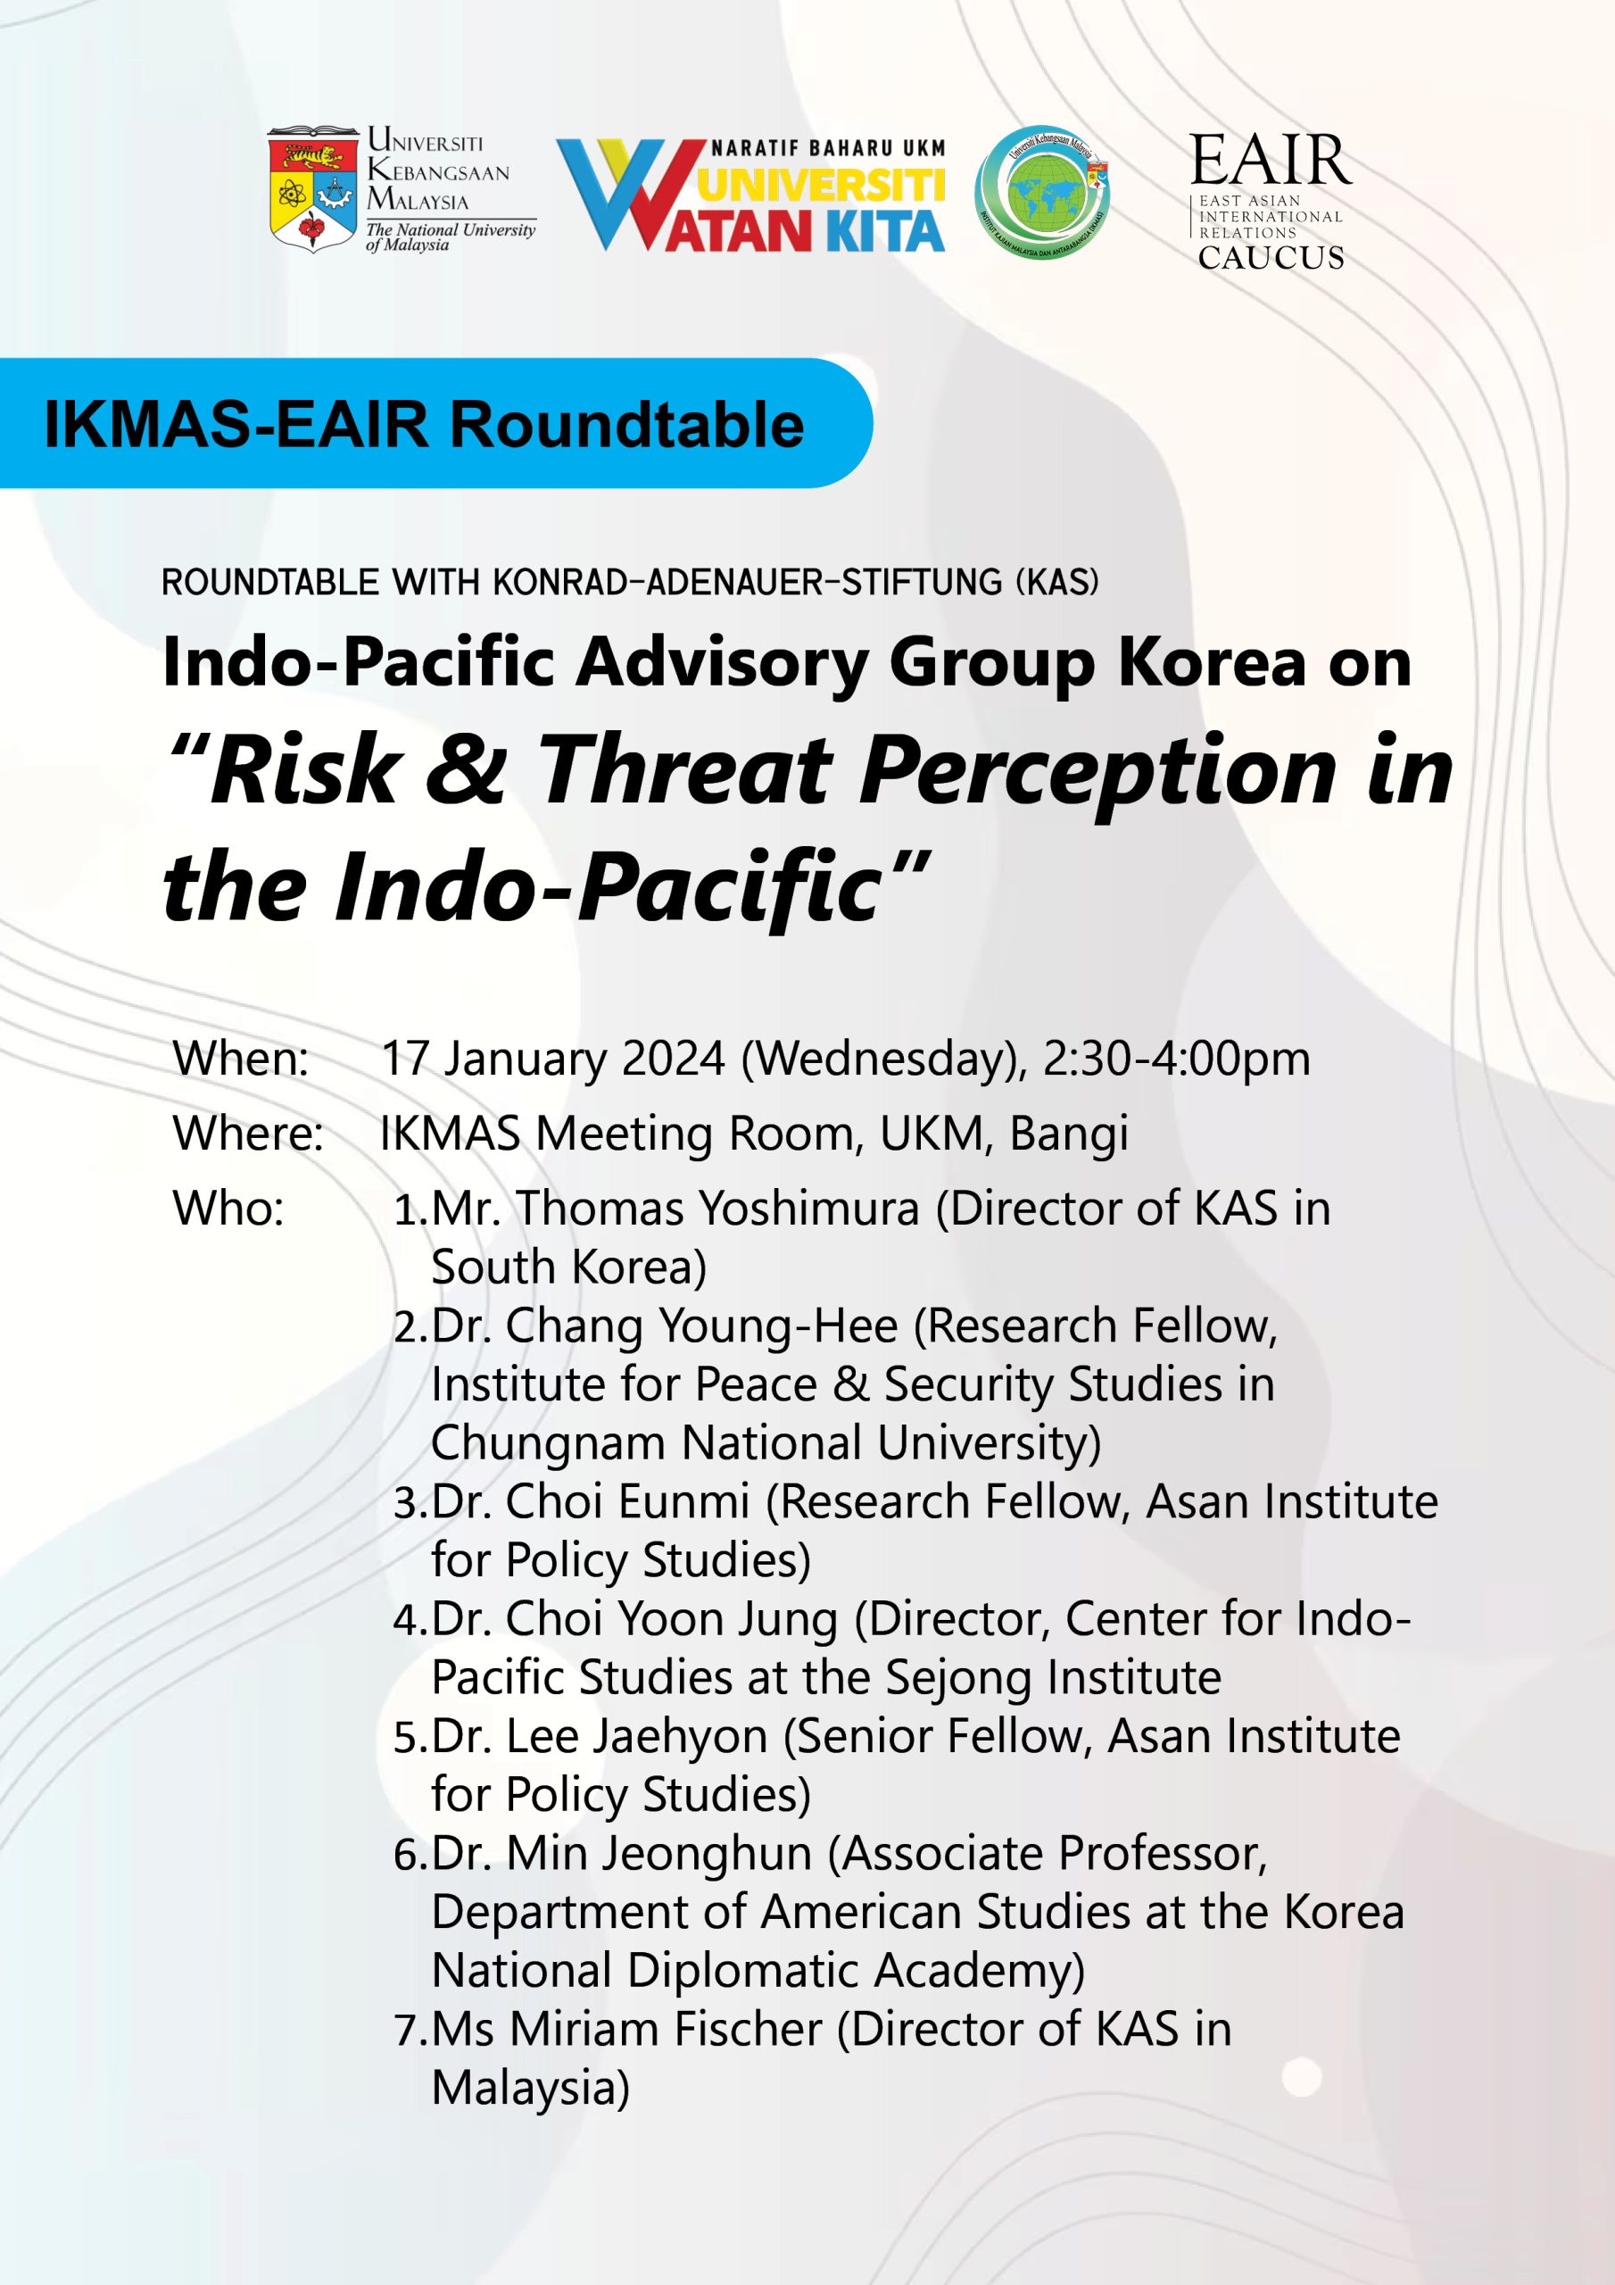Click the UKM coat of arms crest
pos(313,190)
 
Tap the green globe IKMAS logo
pos(1042,193)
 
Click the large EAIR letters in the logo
pos(1271,162)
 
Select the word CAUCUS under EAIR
pos(1271,258)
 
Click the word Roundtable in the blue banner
pos(627,425)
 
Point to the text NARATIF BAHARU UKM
pos(828,149)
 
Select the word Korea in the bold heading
pos(1211,661)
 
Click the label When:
pos(241,1058)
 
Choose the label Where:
pos(248,1134)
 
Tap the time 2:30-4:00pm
pos(1176,1058)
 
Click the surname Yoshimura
pos(809,1209)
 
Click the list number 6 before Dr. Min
pos(404,1854)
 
